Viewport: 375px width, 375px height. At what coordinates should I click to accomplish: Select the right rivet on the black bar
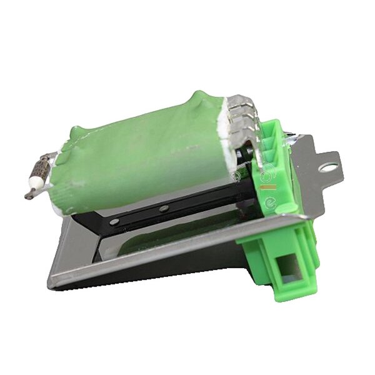164,208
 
